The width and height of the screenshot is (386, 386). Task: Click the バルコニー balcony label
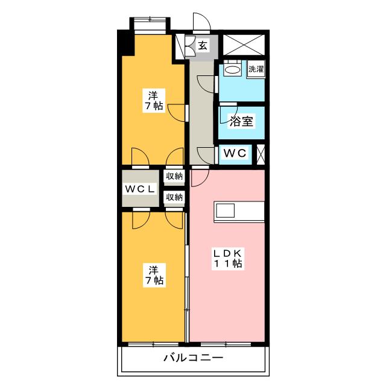pyautogui.click(x=193, y=358)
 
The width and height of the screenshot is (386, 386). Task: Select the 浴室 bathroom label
pyautogui.click(x=241, y=121)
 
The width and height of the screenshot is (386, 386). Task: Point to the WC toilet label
pyautogui.click(x=235, y=153)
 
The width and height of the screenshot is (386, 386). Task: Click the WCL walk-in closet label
pyautogui.click(x=140, y=189)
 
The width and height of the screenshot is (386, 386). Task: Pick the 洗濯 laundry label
pyautogui.click(x=256, y=69)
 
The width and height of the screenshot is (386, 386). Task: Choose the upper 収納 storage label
pyautogui.click(x=174, y=177)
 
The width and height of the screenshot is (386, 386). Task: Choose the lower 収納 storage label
pyautogui.click(x=174, y=197)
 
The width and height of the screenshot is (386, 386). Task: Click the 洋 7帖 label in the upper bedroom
pyautogui.click(x=153, y=100)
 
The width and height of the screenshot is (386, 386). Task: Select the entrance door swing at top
pyautogui.click(x=201, y=21)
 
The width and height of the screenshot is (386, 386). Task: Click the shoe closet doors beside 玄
pyautogui.click(x=189, y=46)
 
